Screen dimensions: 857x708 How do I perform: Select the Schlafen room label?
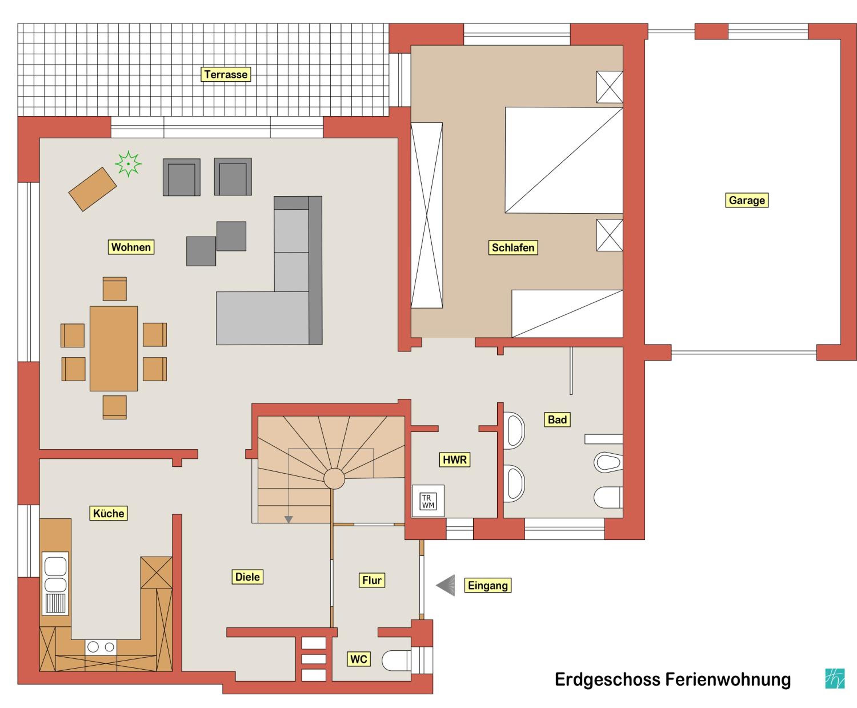point(513,247)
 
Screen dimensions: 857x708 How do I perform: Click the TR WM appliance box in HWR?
point(428,501)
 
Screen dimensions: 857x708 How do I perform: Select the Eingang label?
point(488,585)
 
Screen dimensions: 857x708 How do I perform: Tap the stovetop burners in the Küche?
point(101,647)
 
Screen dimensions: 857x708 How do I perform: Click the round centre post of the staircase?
point(334,478)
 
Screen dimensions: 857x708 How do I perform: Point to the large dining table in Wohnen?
point(114,349)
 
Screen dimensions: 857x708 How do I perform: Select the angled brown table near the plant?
point(93,189)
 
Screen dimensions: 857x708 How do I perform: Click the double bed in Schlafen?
point(564,160)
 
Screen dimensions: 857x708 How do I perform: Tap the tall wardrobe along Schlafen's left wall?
point(427,215)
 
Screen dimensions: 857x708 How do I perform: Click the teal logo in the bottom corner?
point(835,679)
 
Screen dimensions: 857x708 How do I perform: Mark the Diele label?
point(247,577)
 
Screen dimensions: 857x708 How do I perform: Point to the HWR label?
point(454,460)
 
